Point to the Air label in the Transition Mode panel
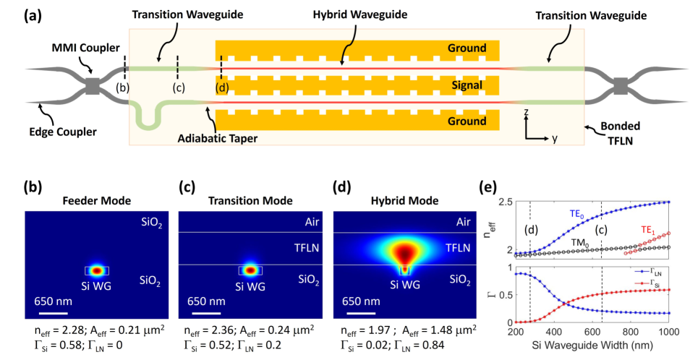pyautogui.click(x=308, y=222)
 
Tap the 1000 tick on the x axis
pyautogui.click(x=670, y=331)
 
